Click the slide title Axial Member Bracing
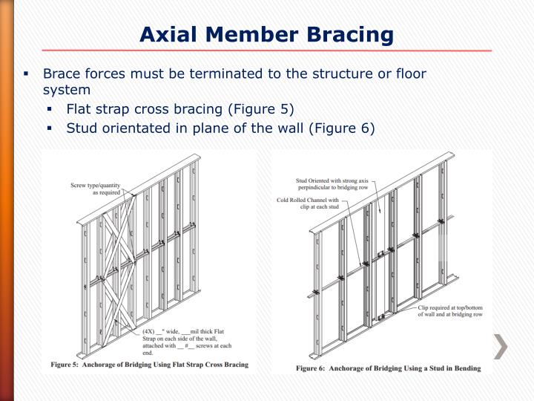[267, 33]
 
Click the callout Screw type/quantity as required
[96, 188]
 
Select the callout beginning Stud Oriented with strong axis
[332, 184]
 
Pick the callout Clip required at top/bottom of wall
[448, 310]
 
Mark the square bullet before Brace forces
[26, 74]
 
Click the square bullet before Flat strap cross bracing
[49, 110]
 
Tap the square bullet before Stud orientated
[49, 128]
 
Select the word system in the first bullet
[67, 90]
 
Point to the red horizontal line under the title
[267, 50]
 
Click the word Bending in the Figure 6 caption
[463, 368]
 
